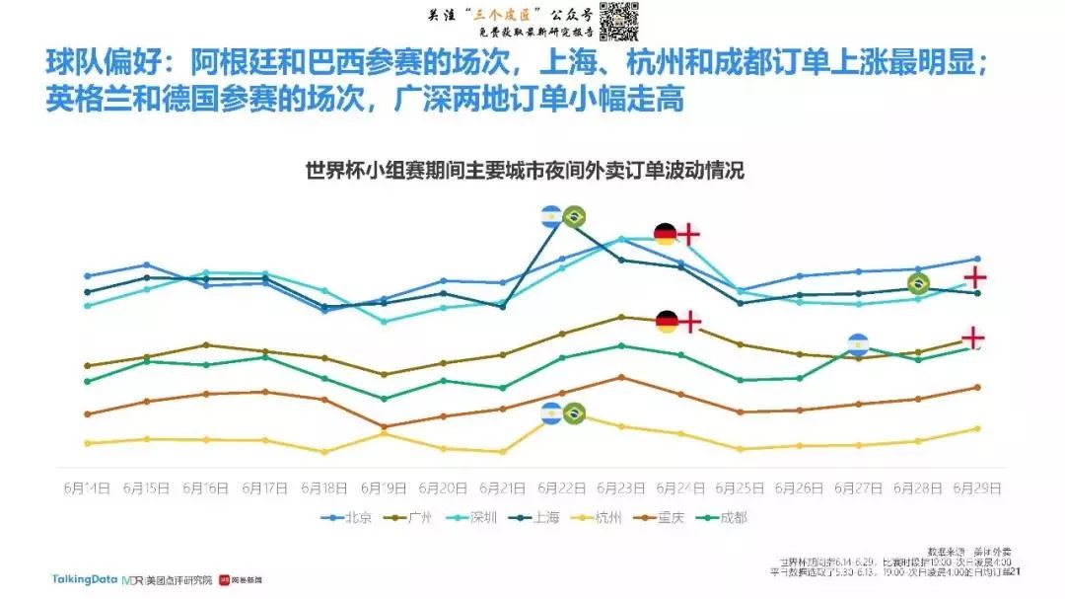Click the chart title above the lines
[525, 171]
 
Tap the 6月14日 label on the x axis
[88, 488]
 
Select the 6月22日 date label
[562, 488]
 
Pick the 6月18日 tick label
[324, 488]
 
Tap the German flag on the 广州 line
[667, 322]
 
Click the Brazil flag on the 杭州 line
[574, 413]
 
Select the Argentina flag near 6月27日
[859, 344]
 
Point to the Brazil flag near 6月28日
[918, 284]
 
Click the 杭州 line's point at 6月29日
[977, 428]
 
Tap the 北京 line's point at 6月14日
[88, 276]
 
